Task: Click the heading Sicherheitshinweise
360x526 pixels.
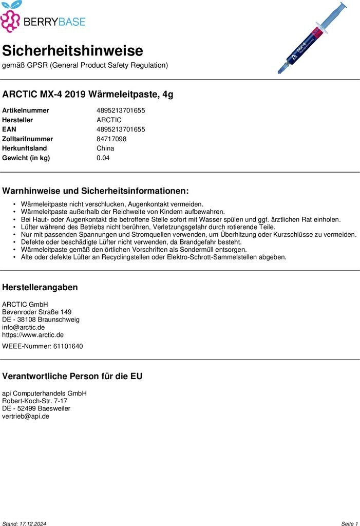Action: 72,51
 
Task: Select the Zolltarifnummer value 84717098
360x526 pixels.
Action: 111,139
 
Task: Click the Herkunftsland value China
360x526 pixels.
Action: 105,148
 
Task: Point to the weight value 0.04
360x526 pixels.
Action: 103,158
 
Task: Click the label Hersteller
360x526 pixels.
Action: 17,120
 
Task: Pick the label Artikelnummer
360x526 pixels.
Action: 26,110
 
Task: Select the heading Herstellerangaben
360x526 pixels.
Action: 40,287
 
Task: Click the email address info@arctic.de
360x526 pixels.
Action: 23,327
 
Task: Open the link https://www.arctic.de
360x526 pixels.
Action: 33,335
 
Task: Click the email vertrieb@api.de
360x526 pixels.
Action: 26,416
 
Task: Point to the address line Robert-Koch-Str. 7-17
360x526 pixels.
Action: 34,401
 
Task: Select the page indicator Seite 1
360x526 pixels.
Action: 349,523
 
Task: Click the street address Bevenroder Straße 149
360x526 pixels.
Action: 37,312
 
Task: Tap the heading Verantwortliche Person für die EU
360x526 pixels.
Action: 72,376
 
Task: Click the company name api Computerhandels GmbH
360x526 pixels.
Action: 44,393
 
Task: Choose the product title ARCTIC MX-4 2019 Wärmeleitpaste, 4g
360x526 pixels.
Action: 88,95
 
